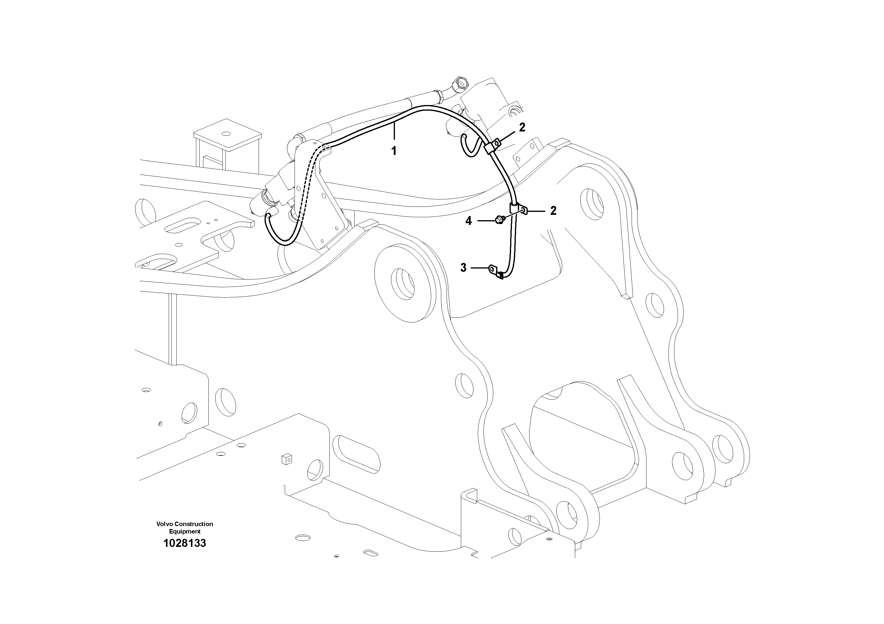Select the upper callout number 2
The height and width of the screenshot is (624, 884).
tap(522, 127)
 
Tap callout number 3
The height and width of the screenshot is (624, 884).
tap(463, 267)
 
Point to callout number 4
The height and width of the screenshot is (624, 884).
tap(468, 221)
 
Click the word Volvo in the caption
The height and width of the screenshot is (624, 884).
tap(165, 524)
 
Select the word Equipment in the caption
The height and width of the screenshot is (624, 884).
tap(184, 531)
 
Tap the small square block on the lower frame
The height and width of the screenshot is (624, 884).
tap(287, 459)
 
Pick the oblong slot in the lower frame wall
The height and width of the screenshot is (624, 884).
tap(358, 455)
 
